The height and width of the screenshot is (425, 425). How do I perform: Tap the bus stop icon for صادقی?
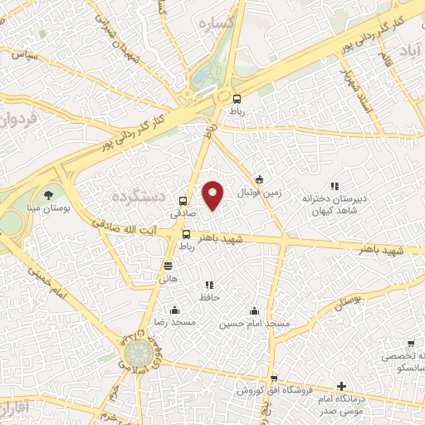pyautogui.click(x=183, y=199)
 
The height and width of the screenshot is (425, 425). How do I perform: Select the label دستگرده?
pyautogui.click(x=139, y=196)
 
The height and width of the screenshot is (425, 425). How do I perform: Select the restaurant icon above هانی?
pyautogui.click(x=169, y=266)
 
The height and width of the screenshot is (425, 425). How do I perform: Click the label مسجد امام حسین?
pyautogui.click(x=255, y=323)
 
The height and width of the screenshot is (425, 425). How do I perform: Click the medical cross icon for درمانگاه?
pyautogui.click(x=341, y=386)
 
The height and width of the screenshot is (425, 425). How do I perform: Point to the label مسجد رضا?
pyautogui.click(x=174, y=322)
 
